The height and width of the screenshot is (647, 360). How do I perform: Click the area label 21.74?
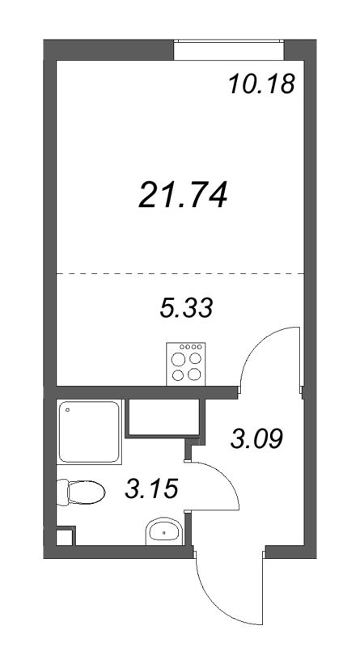click(x=183, y=196)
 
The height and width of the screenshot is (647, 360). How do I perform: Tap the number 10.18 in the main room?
click(x=262, y=85)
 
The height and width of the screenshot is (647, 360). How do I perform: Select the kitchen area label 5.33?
click(x=186, y=308)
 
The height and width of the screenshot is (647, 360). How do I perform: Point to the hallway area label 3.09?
click(x=256, y=439)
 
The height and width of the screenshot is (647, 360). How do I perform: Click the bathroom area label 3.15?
click(x=151, y=490)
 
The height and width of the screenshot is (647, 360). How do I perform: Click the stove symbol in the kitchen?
click(x=186, y=364)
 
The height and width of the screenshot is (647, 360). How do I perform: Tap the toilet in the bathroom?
click(x=81, y=492)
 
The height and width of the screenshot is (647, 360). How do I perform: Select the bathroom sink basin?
click(x=164, y=531)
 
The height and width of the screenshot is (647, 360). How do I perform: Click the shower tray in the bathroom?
click(x=90, y=431)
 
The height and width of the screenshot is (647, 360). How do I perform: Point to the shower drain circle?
click(x=67, y=410)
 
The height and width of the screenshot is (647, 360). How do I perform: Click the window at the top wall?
click(x=228, y=50)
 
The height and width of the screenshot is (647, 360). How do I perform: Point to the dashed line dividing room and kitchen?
click(x=180, y=273)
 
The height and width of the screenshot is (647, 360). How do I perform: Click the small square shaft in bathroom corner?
click(x=66, y=535)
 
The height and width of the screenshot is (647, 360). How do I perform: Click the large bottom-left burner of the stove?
click(x=178, y=375)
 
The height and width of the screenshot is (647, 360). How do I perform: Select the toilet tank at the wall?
click(x=62, y=492)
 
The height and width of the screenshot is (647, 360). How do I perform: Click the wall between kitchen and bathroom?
click(x=146, y=392)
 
